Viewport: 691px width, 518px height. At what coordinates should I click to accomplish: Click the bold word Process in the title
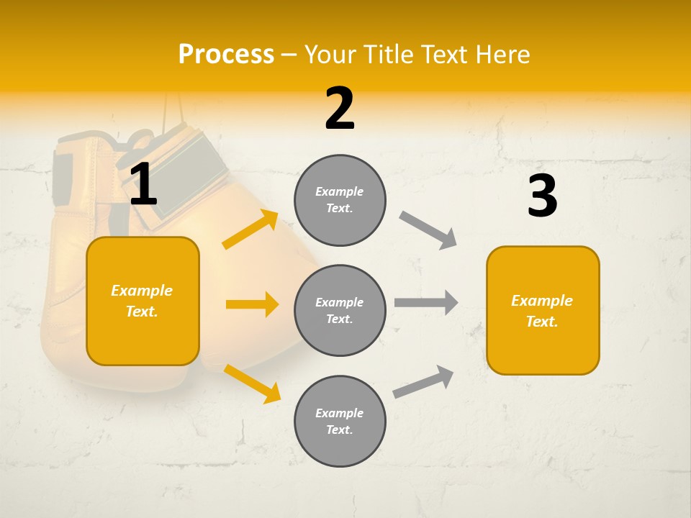point(226,55)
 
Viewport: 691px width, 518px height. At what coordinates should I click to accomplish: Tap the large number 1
point(143,185)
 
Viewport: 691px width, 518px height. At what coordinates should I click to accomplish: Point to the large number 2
point(340,109)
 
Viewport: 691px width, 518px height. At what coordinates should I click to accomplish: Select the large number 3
point(542,196)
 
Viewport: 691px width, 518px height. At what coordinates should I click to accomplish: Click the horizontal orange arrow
point(252,304)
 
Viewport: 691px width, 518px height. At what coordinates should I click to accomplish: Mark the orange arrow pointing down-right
point(252,383)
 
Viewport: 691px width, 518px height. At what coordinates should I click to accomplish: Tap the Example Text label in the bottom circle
point(340,422)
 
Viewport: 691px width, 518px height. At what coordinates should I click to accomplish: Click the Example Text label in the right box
point(542,311)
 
